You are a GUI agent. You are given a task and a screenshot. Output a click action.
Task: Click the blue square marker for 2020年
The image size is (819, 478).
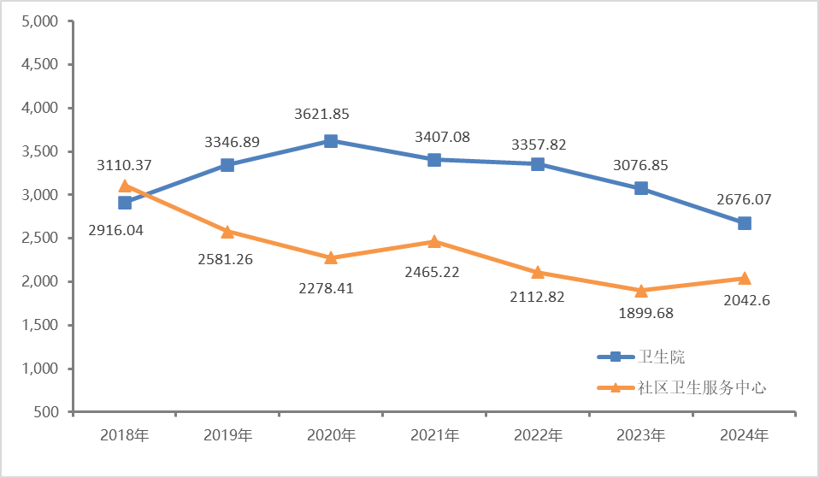click(x=331, y=141)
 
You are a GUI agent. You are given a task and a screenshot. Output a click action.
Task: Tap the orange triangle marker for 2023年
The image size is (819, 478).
click(x=640, y=290)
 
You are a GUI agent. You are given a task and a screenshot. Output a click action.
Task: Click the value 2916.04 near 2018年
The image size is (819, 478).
click(x=125, y=231)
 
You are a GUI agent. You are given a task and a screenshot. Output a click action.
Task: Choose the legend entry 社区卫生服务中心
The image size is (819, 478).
click(x=701, y=387)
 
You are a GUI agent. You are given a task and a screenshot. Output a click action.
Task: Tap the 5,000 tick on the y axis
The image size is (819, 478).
click(x=38, y=21)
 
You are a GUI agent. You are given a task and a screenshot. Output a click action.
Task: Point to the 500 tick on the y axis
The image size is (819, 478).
click(x=46, y=412)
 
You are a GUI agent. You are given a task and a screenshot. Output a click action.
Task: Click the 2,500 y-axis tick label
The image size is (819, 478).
click(x=38, y=239)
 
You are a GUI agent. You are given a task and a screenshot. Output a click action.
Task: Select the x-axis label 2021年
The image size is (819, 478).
click(x=434, y=435)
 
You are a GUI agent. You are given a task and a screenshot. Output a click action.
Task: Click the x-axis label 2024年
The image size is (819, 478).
click(x=744, y=435)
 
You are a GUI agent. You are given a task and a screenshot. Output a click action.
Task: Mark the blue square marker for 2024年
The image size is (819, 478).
click(x=744, y=223)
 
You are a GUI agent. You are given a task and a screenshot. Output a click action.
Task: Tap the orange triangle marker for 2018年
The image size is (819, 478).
click(x=125, y=186)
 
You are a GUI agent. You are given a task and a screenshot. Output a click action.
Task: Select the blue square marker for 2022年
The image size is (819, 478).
click(x=538, y=164)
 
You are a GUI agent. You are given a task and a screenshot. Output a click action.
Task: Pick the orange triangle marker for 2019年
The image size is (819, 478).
click(x=227, y=231)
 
